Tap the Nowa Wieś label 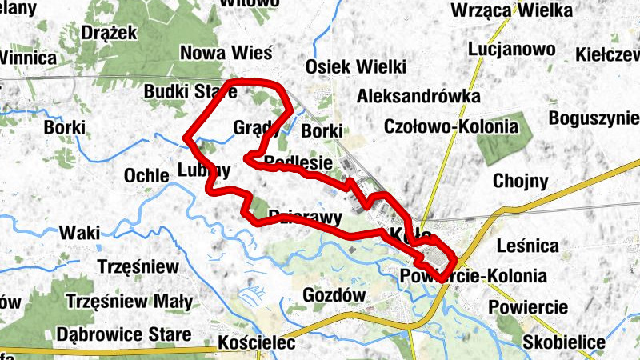[x=226, y=53]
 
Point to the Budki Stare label [x=190, y=92]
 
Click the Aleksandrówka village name [x=419, y=97]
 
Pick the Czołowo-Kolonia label [x=451, y=126]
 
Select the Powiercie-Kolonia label [x=473, y=277]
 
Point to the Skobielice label [x=564, y=342]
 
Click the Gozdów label [x=334, y=295]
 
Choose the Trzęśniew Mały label [x=130, y=302]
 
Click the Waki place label [x=80, y=233]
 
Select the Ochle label [x=146, y=175]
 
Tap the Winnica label [x=28, y=58]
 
